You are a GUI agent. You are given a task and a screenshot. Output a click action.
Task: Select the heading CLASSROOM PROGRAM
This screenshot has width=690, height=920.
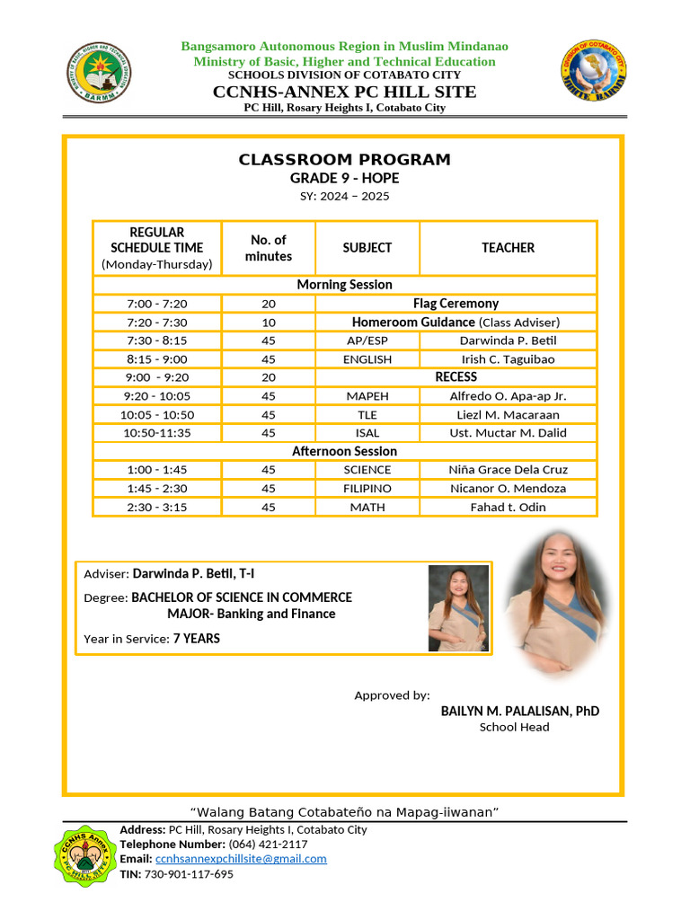click(x=344, y=160)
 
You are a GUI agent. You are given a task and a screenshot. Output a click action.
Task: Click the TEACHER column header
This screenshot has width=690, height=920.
click(x=508, y=247)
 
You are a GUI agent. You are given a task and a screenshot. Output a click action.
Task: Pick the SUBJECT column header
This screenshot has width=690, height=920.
click(x=367, y=247)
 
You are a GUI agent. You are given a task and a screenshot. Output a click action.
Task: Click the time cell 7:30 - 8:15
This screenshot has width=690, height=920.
click(x=157, y=341)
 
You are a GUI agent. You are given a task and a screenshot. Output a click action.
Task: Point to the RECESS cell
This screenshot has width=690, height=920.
click(x=456, y=377)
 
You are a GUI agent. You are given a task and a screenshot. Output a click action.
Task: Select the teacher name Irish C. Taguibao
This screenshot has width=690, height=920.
click(x=508, y=359)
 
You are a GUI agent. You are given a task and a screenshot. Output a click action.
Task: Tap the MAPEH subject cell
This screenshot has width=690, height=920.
click(x=367, y=396)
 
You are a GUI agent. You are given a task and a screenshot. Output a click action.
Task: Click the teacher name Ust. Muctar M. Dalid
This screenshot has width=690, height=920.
click(x=508, y=433)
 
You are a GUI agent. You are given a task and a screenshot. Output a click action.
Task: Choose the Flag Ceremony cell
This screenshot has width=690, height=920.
click(x=456, y=304)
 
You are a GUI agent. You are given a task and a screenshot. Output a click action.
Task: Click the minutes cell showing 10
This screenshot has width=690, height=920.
click(x=268, y=323)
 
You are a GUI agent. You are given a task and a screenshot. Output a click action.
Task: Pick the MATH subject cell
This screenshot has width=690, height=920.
click(x=367, y=508)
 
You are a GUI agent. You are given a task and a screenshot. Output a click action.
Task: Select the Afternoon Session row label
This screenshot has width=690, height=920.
click(x=344, y=451)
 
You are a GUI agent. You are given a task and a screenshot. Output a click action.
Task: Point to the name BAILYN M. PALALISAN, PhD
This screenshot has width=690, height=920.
click(x=519, y=711)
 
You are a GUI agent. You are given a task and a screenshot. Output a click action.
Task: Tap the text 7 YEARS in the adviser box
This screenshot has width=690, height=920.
click(x=196, y=639)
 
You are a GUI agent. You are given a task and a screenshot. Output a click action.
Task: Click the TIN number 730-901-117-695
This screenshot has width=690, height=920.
click(x=189, y=874)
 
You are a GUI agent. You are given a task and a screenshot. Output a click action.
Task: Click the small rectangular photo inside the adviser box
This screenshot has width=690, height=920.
click(x=458, y=608)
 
